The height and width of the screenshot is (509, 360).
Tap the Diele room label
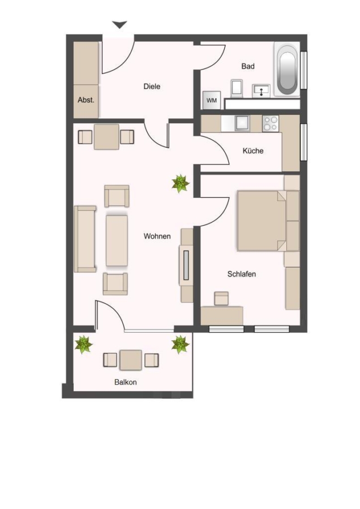pos(152,87)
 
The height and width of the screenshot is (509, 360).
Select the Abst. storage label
pos(86,100)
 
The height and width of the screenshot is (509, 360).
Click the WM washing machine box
pos(212,100)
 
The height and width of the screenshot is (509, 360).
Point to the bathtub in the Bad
pos(286,70)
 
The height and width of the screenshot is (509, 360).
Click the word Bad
pos(248,66)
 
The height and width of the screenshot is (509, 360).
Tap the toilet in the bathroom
pos(237,88)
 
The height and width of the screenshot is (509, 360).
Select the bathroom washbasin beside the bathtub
pos(262,90)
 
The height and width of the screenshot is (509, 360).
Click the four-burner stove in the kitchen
pos(271,124)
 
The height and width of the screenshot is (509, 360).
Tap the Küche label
pos(253,150)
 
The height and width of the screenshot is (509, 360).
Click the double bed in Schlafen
pos(262,221)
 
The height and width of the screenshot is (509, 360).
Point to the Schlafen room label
pos(241,274)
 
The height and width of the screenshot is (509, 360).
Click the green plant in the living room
pos(181,183)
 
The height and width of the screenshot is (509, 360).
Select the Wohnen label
pos(157,236)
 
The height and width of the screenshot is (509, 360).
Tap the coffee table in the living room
pos(117,240)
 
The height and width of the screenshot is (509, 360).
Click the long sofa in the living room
pos(85,239)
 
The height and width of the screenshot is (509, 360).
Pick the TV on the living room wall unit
pos(186,265)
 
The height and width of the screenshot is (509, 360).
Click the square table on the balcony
pos(131,360)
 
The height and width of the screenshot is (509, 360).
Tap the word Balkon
pos(126,382)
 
